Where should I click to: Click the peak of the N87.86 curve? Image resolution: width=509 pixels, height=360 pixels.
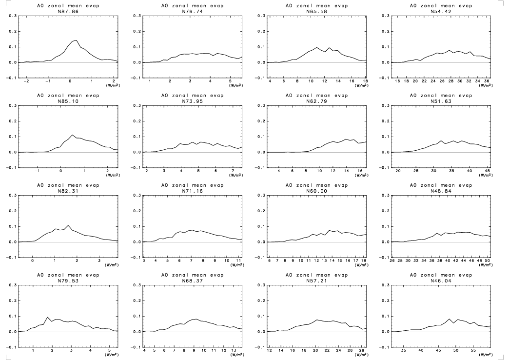(76, 40)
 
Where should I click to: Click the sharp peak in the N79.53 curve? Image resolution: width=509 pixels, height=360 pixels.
(47, 317)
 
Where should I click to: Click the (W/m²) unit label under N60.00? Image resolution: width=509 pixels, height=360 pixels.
(361, 265)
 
